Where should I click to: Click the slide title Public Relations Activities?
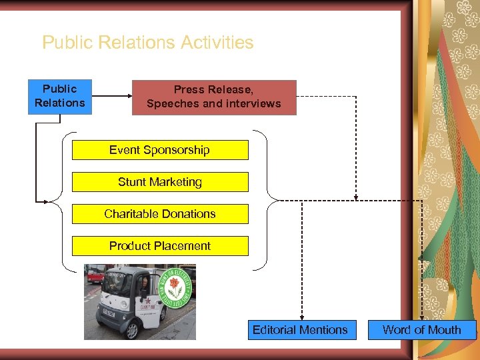[147, 43]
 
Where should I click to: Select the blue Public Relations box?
[60, 97]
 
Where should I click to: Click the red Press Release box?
[213, 97]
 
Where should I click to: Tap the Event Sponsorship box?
[159, 150]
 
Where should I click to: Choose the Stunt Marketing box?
[159, 182]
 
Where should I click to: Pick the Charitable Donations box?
[159, 214]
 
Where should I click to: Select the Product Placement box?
[159, 246]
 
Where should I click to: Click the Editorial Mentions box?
[300, 330]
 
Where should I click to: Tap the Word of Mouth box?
[422, 330]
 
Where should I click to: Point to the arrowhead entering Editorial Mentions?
[302, 317]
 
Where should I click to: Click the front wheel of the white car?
[133, 329]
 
